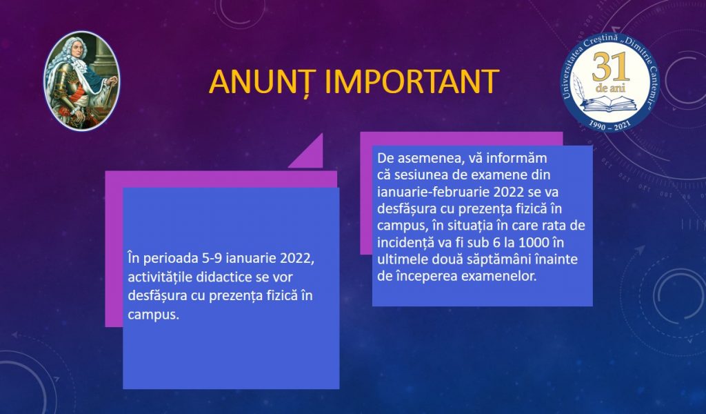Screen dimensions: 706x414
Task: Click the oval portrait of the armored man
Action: pyautogui.click(x=81, y=81)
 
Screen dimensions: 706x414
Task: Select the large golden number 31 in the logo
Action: pyautogui.click(x=610, y=67)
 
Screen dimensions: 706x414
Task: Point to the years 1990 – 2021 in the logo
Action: pyautogui.click(x=610, y=126)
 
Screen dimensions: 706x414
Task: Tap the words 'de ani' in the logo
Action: pyautogui.click(x=611, y=88)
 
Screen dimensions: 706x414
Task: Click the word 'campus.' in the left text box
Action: pyautogui.click(x=154, y=315)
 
